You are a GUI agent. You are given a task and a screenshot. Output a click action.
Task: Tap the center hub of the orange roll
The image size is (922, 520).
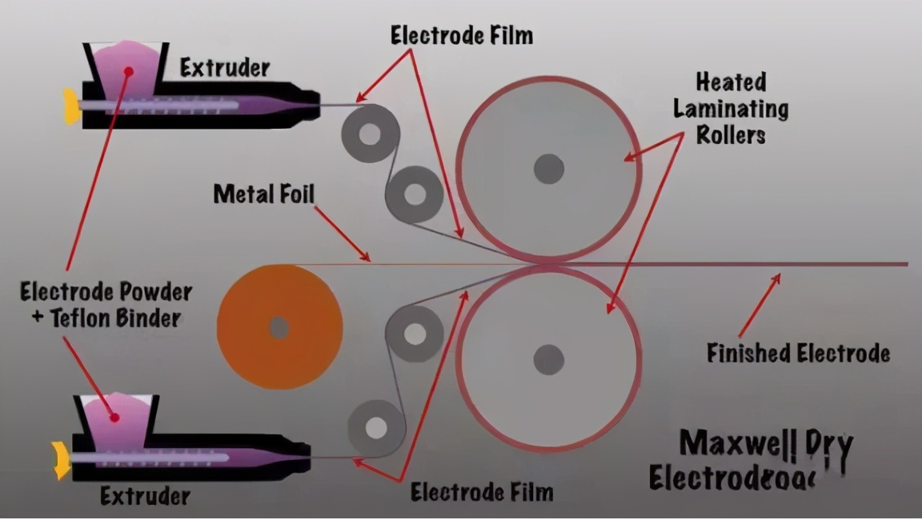[279, 326]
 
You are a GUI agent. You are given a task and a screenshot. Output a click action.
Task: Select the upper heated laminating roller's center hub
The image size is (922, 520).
[549, 169]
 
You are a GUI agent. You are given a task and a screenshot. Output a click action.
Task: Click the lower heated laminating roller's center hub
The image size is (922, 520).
[549, 359]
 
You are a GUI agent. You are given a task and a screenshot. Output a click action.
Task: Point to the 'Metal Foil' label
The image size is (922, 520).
[264, 194]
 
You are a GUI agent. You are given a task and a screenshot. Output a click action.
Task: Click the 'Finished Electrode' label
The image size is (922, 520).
[798, 353]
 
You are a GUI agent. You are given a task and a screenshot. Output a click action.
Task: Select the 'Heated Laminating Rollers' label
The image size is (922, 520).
[730, 108]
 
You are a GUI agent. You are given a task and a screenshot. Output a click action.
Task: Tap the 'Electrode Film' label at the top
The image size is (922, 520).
[462, 35]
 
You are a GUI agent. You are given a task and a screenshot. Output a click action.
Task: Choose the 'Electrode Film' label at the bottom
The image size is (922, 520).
[482, 491]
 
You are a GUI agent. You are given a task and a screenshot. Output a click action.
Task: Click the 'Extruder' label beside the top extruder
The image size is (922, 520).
[224, 67]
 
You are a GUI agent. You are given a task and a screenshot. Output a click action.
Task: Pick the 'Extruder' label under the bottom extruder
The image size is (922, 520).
[146, 496]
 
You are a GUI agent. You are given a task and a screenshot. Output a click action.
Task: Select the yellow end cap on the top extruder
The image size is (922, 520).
[72, 106]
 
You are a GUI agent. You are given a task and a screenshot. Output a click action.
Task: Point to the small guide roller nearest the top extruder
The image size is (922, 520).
[370, 134]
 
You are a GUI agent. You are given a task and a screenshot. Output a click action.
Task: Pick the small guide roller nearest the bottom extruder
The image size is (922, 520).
[375, 428]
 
